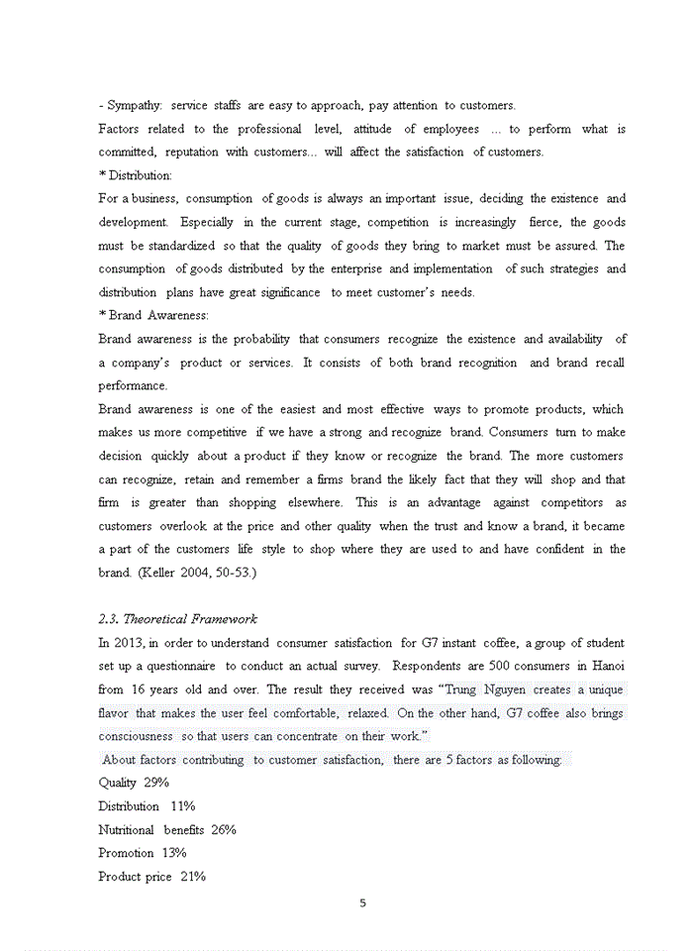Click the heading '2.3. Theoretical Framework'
click(178, 619)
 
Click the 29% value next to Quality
click(156, 783)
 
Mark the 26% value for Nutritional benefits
click(224, 830)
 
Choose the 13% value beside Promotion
click(174, 853)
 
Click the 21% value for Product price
click(193, 877)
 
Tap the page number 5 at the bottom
click(362, 902)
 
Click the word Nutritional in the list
click(127, 830)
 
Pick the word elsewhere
click(315, 502)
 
